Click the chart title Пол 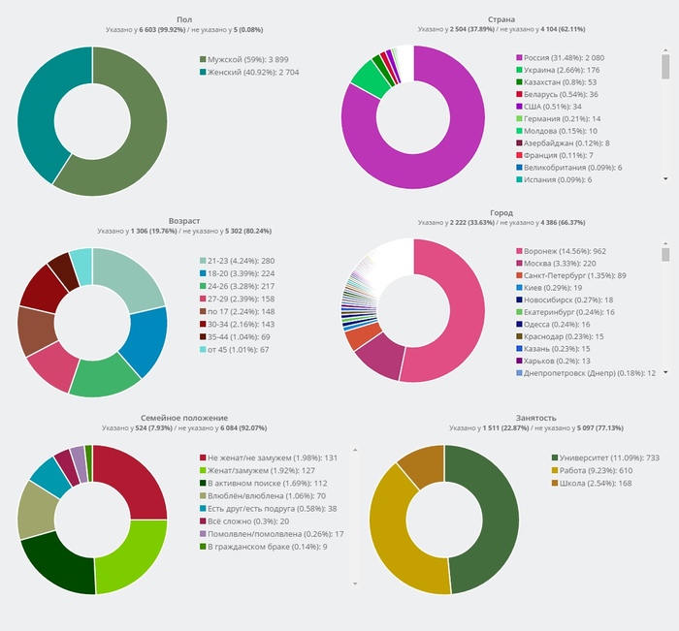pos(184,19)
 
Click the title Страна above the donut pos(502,19)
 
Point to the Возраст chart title pos(184,222)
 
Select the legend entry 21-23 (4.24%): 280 pos(241,261)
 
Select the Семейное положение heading pos(184,417)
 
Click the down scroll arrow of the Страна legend pos(666,179)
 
